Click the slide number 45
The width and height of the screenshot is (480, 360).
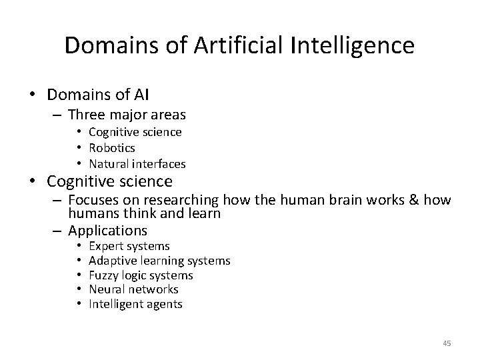(447, 343)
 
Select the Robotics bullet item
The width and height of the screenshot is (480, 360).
(112, 148)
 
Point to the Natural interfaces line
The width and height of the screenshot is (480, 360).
(137, 163)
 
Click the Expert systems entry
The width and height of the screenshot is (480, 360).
(129, 247)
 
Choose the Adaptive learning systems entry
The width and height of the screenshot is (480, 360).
(159, 261)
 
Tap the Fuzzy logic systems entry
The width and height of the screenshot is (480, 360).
(141, 275)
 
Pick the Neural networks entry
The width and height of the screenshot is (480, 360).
(133, 289)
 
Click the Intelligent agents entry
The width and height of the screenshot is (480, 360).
(135, 304)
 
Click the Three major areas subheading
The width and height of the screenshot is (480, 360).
(127, 115)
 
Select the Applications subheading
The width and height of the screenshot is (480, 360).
(107, 231)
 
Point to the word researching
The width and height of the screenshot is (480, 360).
(182, 199)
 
